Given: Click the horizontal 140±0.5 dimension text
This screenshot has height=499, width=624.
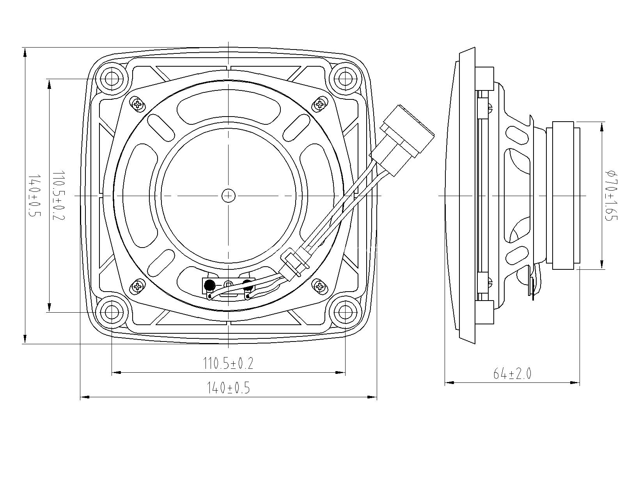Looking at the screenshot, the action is (x=228, y=388).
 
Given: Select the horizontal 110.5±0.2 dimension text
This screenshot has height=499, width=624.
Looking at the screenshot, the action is (x=228, y=363).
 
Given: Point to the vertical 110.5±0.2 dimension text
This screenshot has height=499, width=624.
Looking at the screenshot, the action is (x=58, y=195).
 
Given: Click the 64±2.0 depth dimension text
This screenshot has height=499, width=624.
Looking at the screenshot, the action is (x=512, y=374).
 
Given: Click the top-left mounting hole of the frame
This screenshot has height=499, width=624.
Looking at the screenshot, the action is (x=112, y=78).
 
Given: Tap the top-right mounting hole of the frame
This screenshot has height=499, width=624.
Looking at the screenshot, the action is (x=345, y=78).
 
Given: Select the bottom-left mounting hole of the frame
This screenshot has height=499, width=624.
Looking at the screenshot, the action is (x=112, y=312).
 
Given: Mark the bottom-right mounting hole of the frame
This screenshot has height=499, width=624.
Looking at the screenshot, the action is (x=345, y=312).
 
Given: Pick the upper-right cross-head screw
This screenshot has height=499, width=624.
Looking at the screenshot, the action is (x=320, y=104).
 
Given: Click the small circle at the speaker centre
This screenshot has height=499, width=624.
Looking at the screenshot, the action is (x=229, y=196).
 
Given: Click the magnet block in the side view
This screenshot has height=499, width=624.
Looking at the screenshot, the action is (x=563, y=195).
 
